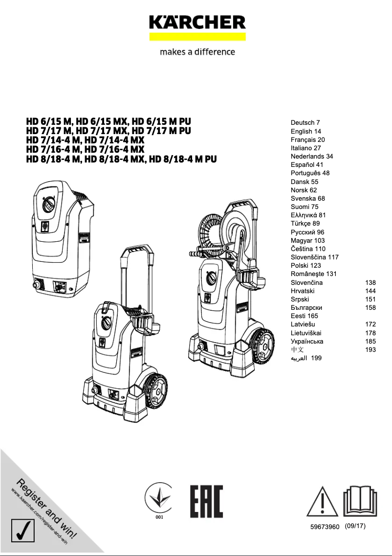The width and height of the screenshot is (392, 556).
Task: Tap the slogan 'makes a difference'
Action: coord(197,52)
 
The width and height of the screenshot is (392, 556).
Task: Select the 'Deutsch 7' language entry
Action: coord(305,122)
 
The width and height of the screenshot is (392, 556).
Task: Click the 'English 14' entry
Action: coord(306,131)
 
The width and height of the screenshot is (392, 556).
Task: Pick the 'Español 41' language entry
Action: coord(307,165)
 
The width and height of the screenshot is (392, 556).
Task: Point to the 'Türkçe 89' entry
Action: coord(305,224)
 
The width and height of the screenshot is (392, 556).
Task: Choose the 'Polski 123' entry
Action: coord(306,265)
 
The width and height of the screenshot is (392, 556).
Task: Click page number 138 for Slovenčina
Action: coord(370,282)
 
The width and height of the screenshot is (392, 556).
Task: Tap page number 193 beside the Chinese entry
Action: coord(370,349)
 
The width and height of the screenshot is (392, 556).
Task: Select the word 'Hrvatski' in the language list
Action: coord(303,291)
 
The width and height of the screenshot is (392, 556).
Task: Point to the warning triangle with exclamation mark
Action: coord(322,502)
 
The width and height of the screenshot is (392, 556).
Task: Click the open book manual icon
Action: coord(360,500)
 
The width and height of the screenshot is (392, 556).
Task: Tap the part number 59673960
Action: coord(325,527)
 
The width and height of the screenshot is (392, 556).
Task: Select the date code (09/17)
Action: coord(355,526)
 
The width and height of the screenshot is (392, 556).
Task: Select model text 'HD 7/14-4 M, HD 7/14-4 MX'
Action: coord(86,140)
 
